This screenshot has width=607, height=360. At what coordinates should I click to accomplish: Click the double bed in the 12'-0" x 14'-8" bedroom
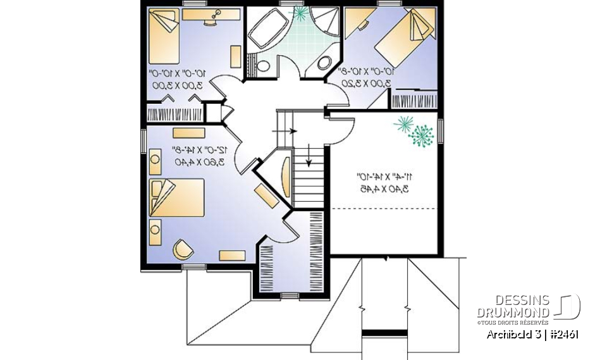[178, 199]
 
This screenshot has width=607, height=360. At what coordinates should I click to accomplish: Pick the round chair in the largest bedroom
[181, 249]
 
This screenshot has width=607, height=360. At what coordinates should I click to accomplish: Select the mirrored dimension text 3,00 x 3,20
[365, 83]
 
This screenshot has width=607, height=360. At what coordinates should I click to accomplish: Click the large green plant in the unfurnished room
[419, 135]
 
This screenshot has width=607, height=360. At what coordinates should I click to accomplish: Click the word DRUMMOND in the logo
[513, 313]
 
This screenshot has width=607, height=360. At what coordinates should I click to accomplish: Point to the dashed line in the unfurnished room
[386, 208]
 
